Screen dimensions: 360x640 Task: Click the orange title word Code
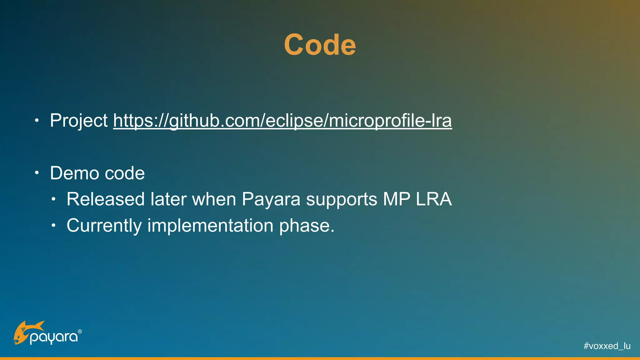pyautogui.click(x=320, y=45)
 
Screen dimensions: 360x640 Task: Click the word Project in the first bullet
pyautogui.click(x=79, y=121)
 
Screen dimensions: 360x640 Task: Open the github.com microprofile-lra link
pyautogui.click(x=282, y=121)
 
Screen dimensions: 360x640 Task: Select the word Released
pyautogui.click(x=106, y=199)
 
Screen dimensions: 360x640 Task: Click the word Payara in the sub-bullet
pyautogui.click(x=271, y=199)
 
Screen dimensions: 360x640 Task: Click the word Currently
pyautogui.click(x=104, y=226)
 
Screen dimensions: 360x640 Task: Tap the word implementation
pyautogui.click(x=210, y=226)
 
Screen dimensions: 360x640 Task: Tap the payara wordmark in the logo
pyautogui.click(x=54, y=337)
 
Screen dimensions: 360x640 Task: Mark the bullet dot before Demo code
pyautogui.click(x=37, y=173)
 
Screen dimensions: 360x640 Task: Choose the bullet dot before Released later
pyautogui.click(x=53, y=199)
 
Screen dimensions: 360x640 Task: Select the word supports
pyautogui.click(x=342, y=199)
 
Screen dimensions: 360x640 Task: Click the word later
pyautogui.click(x=168, y=199)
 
